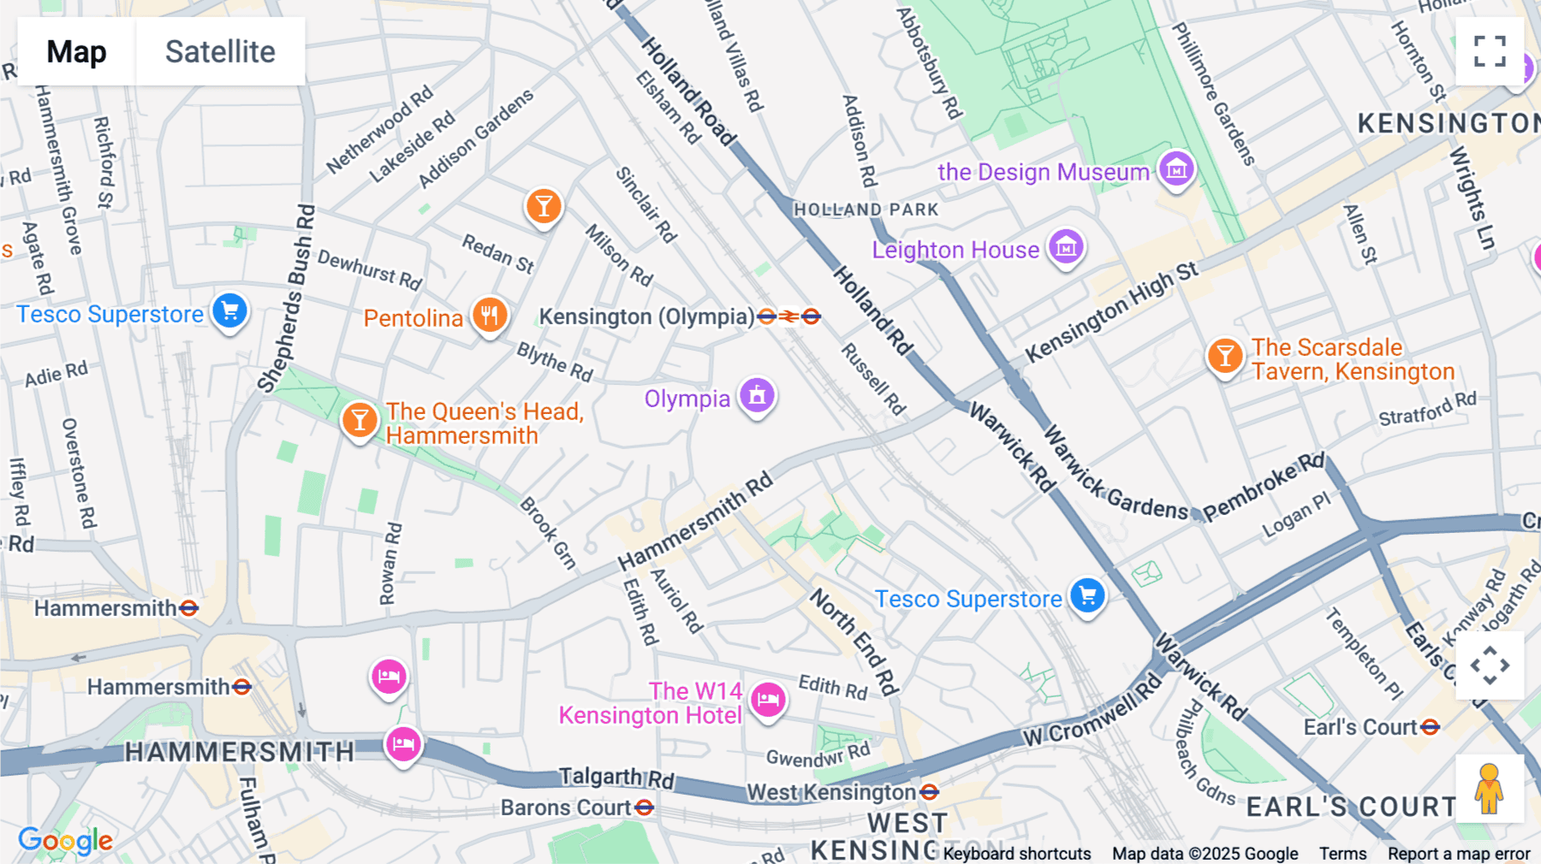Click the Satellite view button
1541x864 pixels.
pos(220,51)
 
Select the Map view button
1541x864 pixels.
pos(76,51)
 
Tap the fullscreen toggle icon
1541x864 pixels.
pos(1490,51)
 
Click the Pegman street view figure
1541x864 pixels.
pos(1489,788)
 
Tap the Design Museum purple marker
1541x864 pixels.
pos(1176,169)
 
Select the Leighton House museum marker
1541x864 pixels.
pos(1066,247)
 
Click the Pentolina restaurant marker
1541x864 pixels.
pos(489,315)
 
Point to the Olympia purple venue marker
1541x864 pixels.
pos(757,395)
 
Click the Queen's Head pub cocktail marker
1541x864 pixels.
pos(360,420)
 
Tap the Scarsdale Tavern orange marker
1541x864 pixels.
pos(1225,355)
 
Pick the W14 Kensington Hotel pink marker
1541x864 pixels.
pos(768,700)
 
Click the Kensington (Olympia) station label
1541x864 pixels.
pos(646,317)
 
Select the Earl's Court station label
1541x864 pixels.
pos(1360,727)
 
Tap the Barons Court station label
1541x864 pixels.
pos(566,808)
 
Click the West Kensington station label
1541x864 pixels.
pos(830,792)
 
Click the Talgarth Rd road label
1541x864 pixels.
pos(616,777)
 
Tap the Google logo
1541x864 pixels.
pos(65,841)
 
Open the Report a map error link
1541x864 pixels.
pos(1459,854)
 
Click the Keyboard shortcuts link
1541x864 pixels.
pos(1017,854)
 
